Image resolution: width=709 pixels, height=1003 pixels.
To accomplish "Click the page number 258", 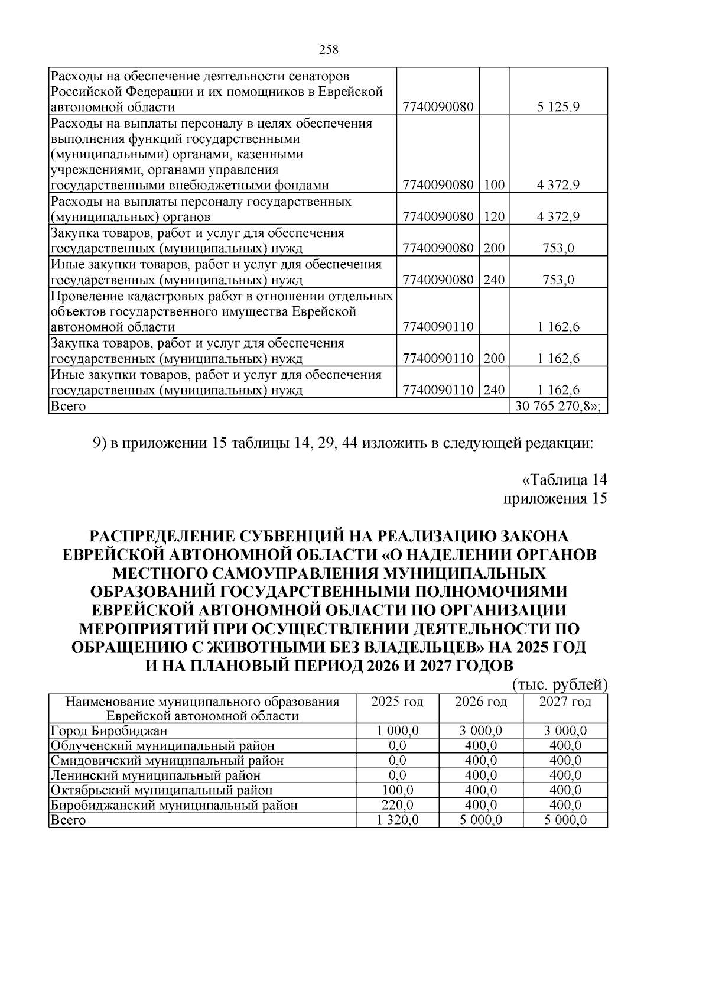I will (x=329, y=50).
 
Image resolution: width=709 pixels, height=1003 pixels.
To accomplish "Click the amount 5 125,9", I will (x=558, y=107).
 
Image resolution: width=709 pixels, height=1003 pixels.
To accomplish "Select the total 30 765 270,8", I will (x=557, y=406).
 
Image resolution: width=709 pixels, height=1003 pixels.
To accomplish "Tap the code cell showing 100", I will (x=494, y=185).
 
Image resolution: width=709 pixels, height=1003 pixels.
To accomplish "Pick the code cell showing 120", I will (x=494, y=216).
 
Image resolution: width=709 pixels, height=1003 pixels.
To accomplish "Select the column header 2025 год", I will (x=397, y=702).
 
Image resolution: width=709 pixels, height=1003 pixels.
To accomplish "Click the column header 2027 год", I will (x=565, y=702).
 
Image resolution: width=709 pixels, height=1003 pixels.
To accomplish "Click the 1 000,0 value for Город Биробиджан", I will (x=398, y=731).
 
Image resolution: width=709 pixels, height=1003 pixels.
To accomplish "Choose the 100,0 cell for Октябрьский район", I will (x=398, y=790).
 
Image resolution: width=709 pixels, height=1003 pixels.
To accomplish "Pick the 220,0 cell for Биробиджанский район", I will (x=398, y=805).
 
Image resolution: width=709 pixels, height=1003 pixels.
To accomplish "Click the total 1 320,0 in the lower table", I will (x=398, y=820).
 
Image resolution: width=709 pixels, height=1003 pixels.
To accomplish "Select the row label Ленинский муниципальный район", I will (x=155, y=775).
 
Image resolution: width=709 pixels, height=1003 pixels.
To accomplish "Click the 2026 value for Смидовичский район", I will (x=481, y=760).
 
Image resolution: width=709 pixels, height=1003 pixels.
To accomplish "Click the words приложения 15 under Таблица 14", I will (x=554, y=498).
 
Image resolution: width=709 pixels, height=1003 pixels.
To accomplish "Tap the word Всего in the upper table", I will (x=68, y=406).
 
